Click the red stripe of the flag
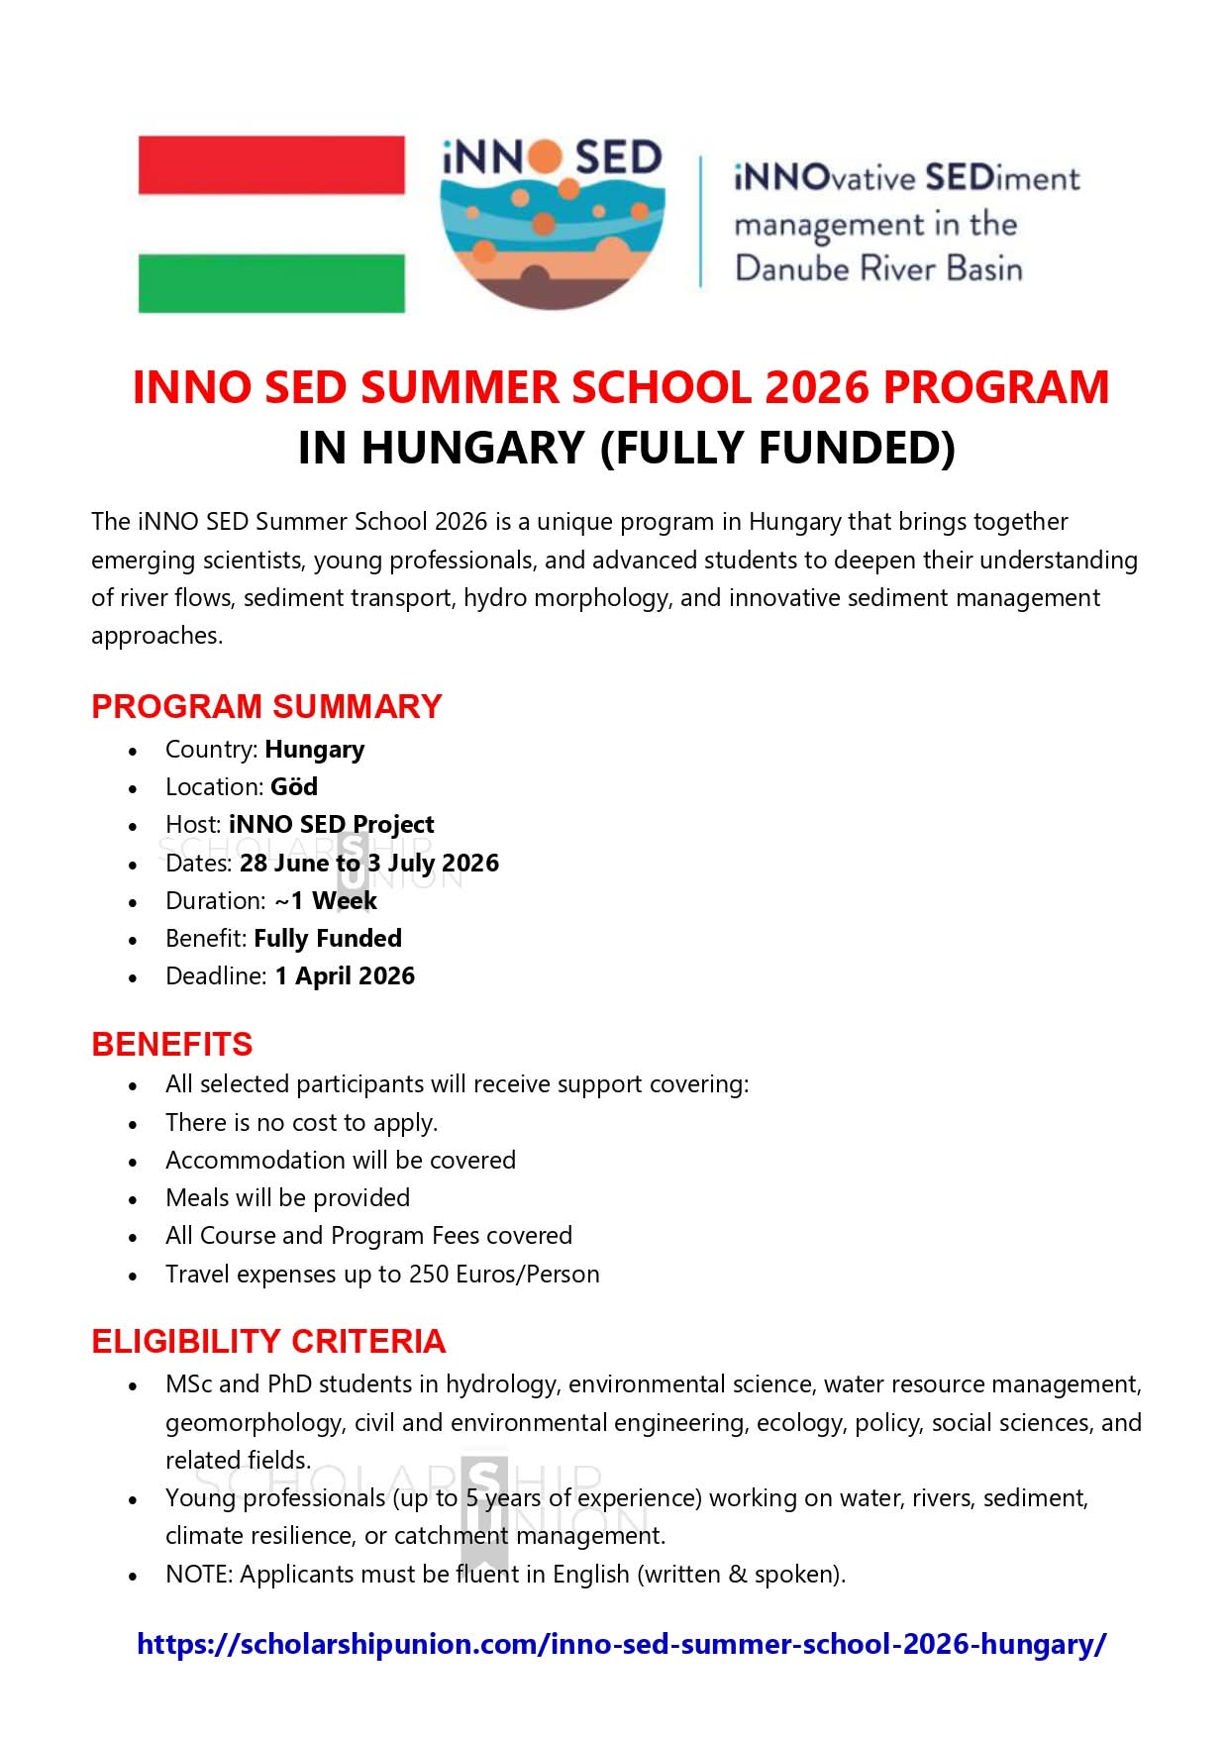[x=271, y=164]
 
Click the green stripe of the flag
[x=271, y=283]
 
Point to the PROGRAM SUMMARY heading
[x=266, y=706]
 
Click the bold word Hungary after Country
[x=314, y=750]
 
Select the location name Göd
[x=294, y=787]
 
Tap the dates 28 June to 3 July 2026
[x=368, y=864]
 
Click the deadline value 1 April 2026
[x=345, y=976]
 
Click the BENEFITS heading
[x=171, y=1044]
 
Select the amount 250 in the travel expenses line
[x=429, y=1275]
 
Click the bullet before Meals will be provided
[x=133, y=1200]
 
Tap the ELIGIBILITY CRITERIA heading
[x=268, y=1341]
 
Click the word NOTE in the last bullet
[x=197, y=1575]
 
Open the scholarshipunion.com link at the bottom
[x=621, y=1644]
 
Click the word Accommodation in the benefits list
[x=242, y=1161]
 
